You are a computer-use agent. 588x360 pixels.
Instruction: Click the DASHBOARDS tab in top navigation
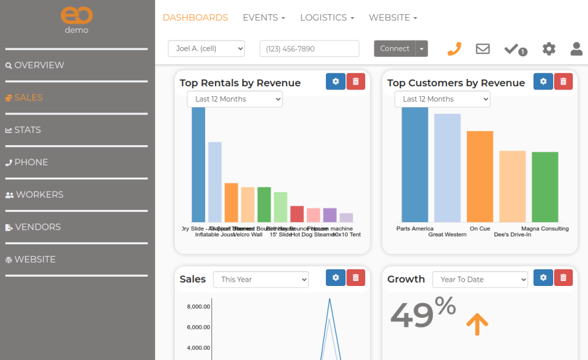point(195,18)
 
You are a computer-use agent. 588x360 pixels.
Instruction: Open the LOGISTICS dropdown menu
point(326,18)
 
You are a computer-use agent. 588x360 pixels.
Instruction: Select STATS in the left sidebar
point(28,130)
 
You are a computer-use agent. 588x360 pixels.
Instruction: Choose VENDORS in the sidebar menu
point(37,227)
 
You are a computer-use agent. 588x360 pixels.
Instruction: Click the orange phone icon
point(454,49)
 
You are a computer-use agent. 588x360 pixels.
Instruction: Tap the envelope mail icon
point(483,49)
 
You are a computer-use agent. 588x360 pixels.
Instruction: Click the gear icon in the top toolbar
point(549,49)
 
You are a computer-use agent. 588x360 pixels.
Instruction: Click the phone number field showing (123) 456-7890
point(309,49)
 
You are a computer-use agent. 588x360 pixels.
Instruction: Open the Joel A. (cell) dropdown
point(206,49)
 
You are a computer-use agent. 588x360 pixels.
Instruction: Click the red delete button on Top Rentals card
point(356,81)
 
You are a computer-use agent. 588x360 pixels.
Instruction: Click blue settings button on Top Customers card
point(543,81)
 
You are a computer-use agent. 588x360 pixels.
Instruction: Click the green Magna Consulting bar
point(545,187)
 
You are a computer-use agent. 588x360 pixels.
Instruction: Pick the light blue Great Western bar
point(447,168)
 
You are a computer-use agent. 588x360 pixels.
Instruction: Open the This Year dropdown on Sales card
point(261,280)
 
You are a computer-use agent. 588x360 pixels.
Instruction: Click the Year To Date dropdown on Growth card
point(480,280)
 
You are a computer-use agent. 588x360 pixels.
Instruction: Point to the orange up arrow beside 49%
point(477,323)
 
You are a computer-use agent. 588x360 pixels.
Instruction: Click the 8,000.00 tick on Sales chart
point(198,307)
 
